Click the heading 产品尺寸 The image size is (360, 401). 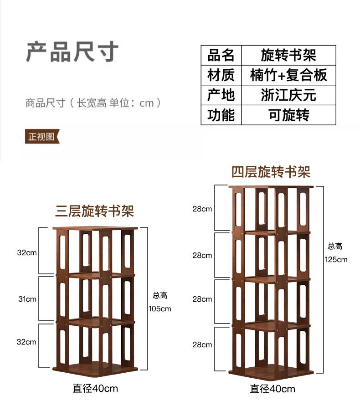72,52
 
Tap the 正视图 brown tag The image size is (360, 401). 42,136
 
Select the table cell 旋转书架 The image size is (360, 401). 288,55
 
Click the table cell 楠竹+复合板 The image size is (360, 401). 288,75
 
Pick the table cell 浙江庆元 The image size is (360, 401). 288,95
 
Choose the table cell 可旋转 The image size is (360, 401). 288,115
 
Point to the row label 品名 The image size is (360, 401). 221,55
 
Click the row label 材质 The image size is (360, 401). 221,75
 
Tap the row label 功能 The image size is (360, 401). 221,115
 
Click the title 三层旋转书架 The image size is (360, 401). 95,211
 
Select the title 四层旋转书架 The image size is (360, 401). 271,172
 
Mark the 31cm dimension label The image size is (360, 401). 27,299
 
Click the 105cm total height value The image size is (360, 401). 160,308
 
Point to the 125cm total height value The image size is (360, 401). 336,260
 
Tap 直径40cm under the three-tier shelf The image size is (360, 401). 95,388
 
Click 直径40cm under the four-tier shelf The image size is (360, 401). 273,389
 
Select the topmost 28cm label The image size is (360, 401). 202,209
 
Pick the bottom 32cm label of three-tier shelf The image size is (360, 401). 26,342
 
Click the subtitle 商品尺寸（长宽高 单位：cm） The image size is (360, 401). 93,103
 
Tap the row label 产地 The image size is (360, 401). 221,95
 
